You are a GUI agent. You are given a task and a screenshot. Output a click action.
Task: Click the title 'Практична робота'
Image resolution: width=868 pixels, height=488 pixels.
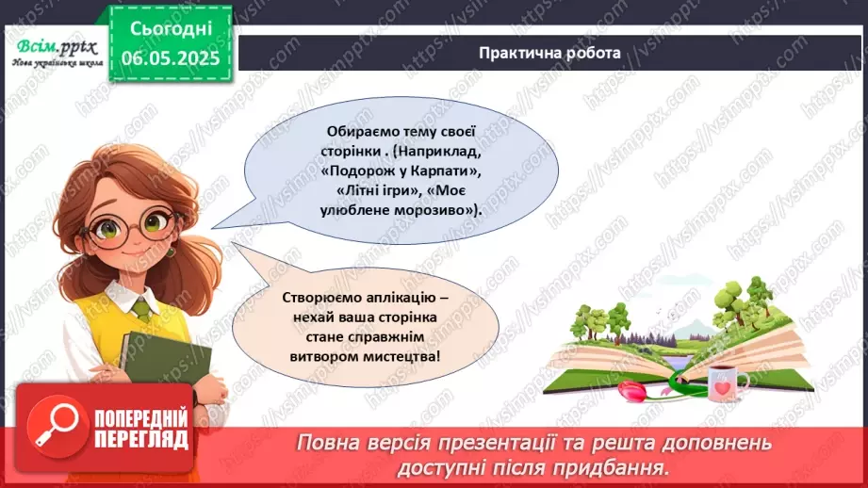coord(549,53)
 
